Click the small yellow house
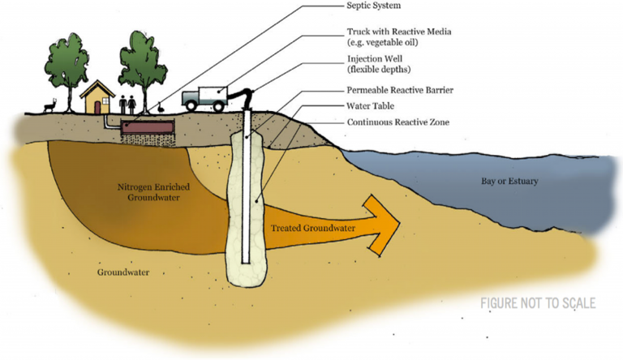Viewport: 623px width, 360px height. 96,98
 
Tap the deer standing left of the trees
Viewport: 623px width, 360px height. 52,106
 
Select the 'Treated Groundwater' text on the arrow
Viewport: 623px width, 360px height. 313,229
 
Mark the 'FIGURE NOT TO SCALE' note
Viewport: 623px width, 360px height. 538,304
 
